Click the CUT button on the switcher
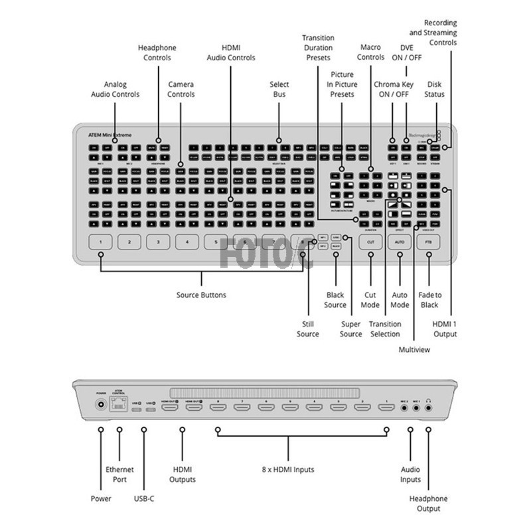(x=370, y=242)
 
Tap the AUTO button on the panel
(x=400, y=242)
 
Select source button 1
(x=101, y=242)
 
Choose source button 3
(x=158, y=242)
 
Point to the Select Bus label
(x=279, y=89)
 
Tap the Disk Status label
(x=435, y=89)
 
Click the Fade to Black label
(x=429, y=299)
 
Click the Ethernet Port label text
(x=119, y=474)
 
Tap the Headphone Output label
(x=429, y=503)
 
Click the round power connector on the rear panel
(x=101, y=404)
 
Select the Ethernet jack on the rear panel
(x=119, y=404)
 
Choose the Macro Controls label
(x=371, y=52)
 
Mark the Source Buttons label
(x=201, y=295)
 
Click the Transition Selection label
(x=385, y=329)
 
